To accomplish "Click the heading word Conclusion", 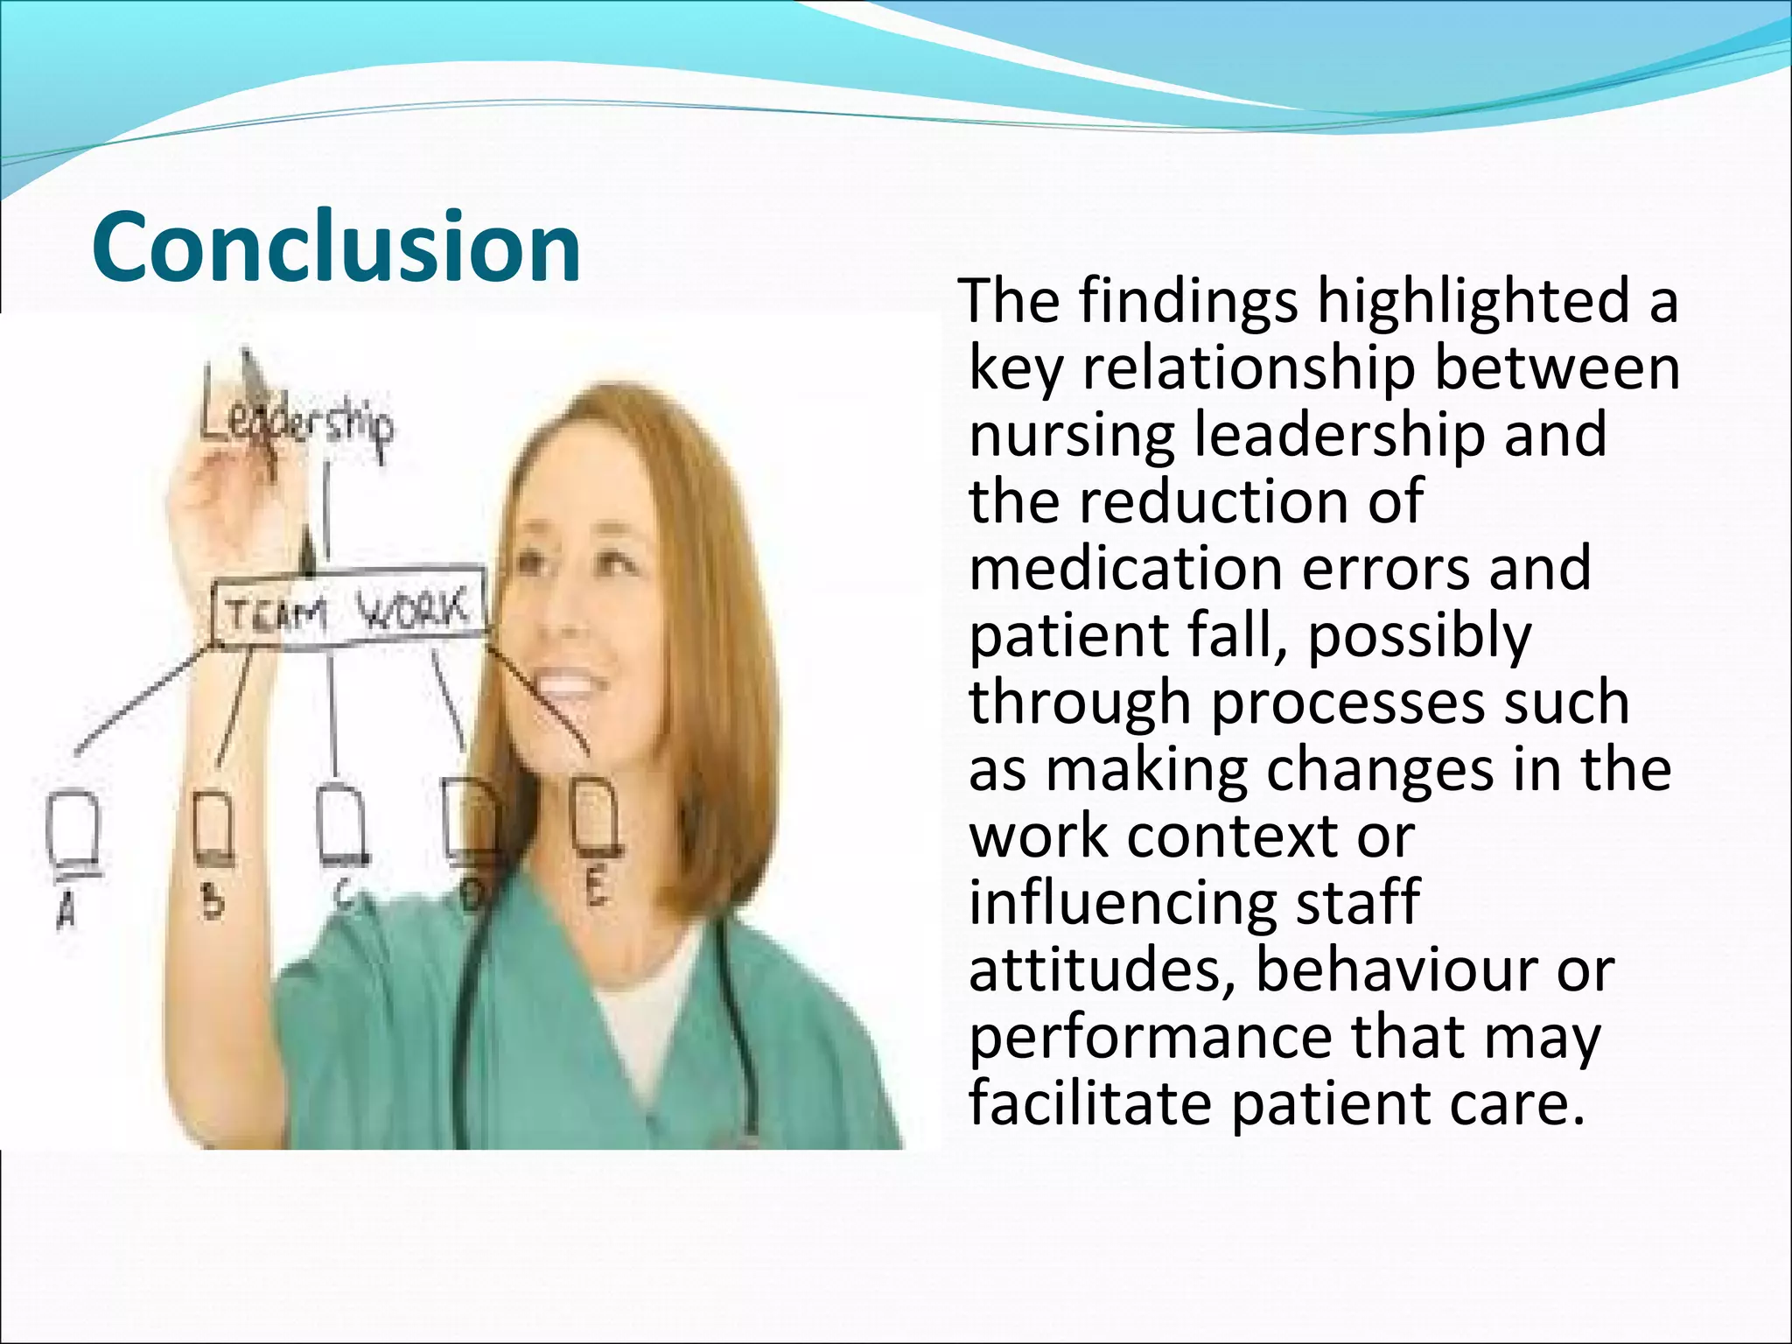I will click(x=336, y=248).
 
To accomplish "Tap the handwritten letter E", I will click(x=596, y=890).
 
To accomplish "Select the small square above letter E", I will click(x=597, y=816).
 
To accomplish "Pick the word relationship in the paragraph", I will click(x=1249, y=368).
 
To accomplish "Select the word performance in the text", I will click(x=1150, y=1038).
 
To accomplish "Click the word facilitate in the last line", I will click(x=1089, y=1103).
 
